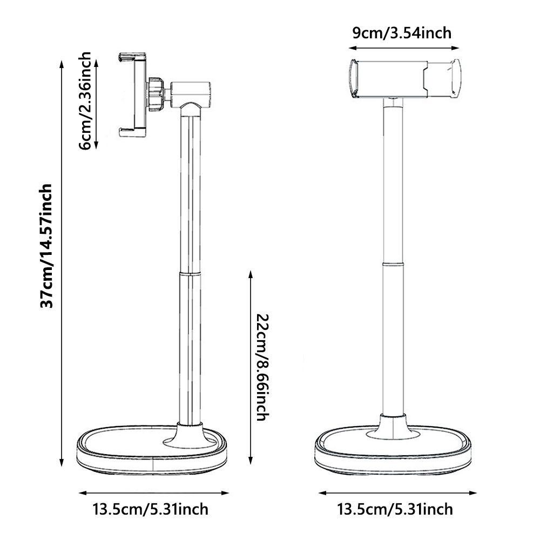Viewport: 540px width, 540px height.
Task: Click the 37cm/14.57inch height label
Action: click(x=47, y=246)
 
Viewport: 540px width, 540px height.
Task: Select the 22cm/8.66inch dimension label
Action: click(x=260, y=367)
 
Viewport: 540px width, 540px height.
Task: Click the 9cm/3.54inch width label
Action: click(x=401, y=33)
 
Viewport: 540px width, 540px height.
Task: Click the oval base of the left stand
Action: click(x=153, y=454)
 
